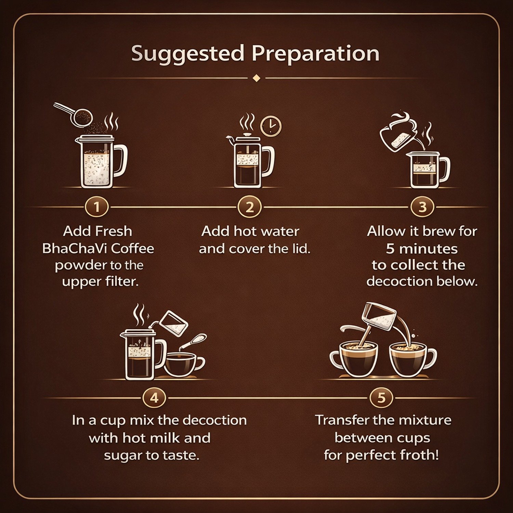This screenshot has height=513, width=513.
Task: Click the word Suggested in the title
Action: coord(188,54)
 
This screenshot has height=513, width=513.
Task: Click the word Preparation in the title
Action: coord(316,54)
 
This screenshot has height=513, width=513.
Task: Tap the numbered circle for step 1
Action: coord(97,207)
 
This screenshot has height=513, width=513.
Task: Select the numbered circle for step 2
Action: coord(250,207)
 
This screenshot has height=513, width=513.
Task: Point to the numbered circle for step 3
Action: coord(422,207)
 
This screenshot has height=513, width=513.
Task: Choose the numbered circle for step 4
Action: coord(154,398)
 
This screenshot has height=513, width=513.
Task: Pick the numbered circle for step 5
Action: coord(381,398)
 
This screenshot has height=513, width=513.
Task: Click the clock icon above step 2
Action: coord(271,126)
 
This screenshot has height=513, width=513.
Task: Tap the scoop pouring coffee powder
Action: coord(74,114)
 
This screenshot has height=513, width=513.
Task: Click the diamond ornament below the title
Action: coord(256,78)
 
